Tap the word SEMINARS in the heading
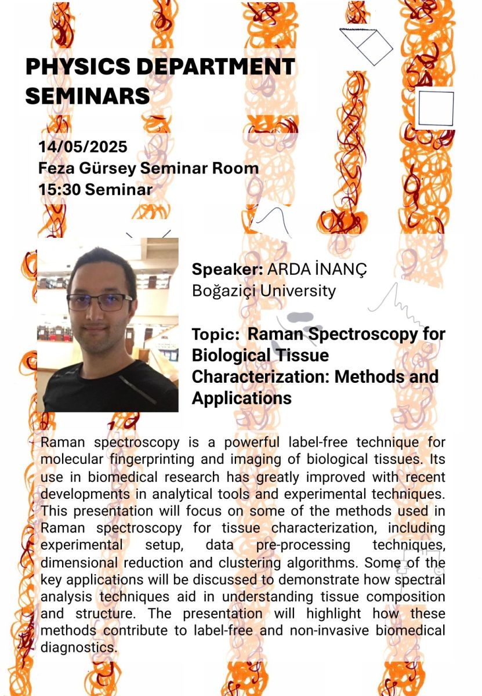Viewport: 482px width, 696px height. tap(88, 95)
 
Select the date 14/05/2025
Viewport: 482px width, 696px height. tap(83, 147)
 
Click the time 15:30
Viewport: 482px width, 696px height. tap(59, 190)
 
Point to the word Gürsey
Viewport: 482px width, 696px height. tap(107, 169)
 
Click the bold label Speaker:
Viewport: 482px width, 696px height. tap(228, 269)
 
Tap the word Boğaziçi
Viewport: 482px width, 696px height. tap(224, 291)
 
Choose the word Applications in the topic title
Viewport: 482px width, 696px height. tap(242, 398)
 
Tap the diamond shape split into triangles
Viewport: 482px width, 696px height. tap(366, 47)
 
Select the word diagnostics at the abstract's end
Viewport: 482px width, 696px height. tap(79, 647)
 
